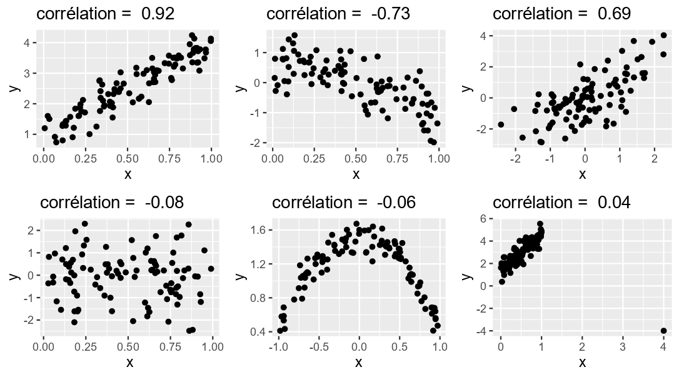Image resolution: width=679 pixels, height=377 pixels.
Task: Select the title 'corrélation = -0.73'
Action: pos(338,13)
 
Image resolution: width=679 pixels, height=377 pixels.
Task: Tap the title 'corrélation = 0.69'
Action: pos(561,13)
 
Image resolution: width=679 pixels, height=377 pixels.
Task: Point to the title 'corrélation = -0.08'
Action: pos(112,203)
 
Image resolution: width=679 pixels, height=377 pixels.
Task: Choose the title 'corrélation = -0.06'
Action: pos(344,203)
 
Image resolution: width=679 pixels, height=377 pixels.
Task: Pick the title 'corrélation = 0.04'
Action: pos(561,203)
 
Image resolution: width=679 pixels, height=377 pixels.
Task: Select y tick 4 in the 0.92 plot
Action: pos(29,43)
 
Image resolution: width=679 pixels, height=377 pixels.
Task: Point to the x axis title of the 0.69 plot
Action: pos(582,173)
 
